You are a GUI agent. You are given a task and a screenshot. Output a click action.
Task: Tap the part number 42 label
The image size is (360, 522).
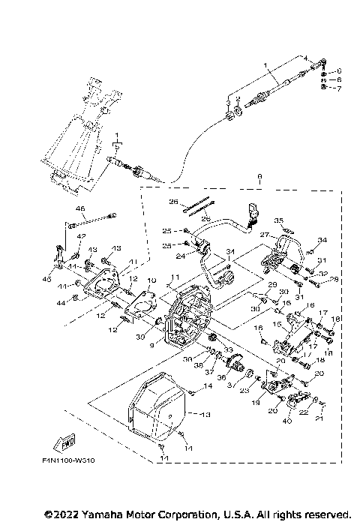pyautogui.click(x=82, y=236)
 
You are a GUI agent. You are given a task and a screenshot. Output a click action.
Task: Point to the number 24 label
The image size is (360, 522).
pyautogui.click(x=179, y=256)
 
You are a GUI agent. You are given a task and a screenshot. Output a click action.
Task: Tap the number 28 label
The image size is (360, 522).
pyautogui.click(x=334, y=279)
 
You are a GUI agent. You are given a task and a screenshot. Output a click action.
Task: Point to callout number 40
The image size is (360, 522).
pyautogui.click(x=286, y=421)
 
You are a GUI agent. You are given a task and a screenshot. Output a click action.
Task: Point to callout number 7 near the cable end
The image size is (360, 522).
pyautogui.click(x=337, y=88)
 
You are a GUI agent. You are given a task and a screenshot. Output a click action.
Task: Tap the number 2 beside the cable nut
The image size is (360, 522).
pyautogui.click(x=237, y=99)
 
